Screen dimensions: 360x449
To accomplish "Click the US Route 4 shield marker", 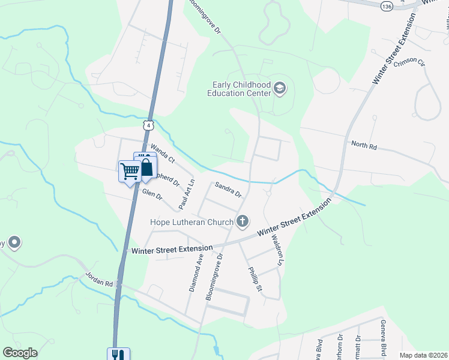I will tap(149, 125).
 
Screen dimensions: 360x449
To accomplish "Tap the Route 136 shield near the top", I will tap(387, 5).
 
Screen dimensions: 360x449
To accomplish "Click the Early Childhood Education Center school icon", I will tap(280, 89).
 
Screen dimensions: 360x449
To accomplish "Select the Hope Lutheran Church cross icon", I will tap(243, 222).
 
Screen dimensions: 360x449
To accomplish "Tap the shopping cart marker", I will tap(130, 172).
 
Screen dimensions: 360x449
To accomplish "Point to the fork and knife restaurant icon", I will tap(118, 355).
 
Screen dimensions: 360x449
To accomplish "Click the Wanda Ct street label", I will tap(162, 153).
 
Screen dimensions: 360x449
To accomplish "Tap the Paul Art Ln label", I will tap(186, 194).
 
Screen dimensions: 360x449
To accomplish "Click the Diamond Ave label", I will tap(196, 272).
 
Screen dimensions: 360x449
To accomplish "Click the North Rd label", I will tap(364, 145).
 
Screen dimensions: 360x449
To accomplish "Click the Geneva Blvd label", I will tap(382, 337).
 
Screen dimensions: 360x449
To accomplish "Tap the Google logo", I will tap(20, 353).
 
